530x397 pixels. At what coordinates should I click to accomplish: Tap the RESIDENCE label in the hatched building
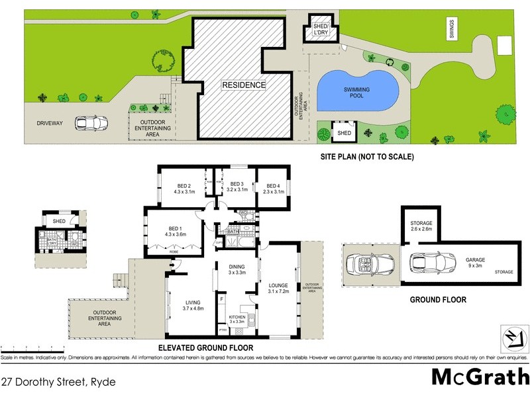click(243, 85)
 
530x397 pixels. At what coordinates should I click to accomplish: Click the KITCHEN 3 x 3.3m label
click(237, 319)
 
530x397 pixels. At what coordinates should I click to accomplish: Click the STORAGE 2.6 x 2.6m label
click(421, 226)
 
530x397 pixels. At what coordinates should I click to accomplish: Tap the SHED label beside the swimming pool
click(344, 133)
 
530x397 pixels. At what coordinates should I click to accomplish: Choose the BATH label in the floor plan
click(233, 232)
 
